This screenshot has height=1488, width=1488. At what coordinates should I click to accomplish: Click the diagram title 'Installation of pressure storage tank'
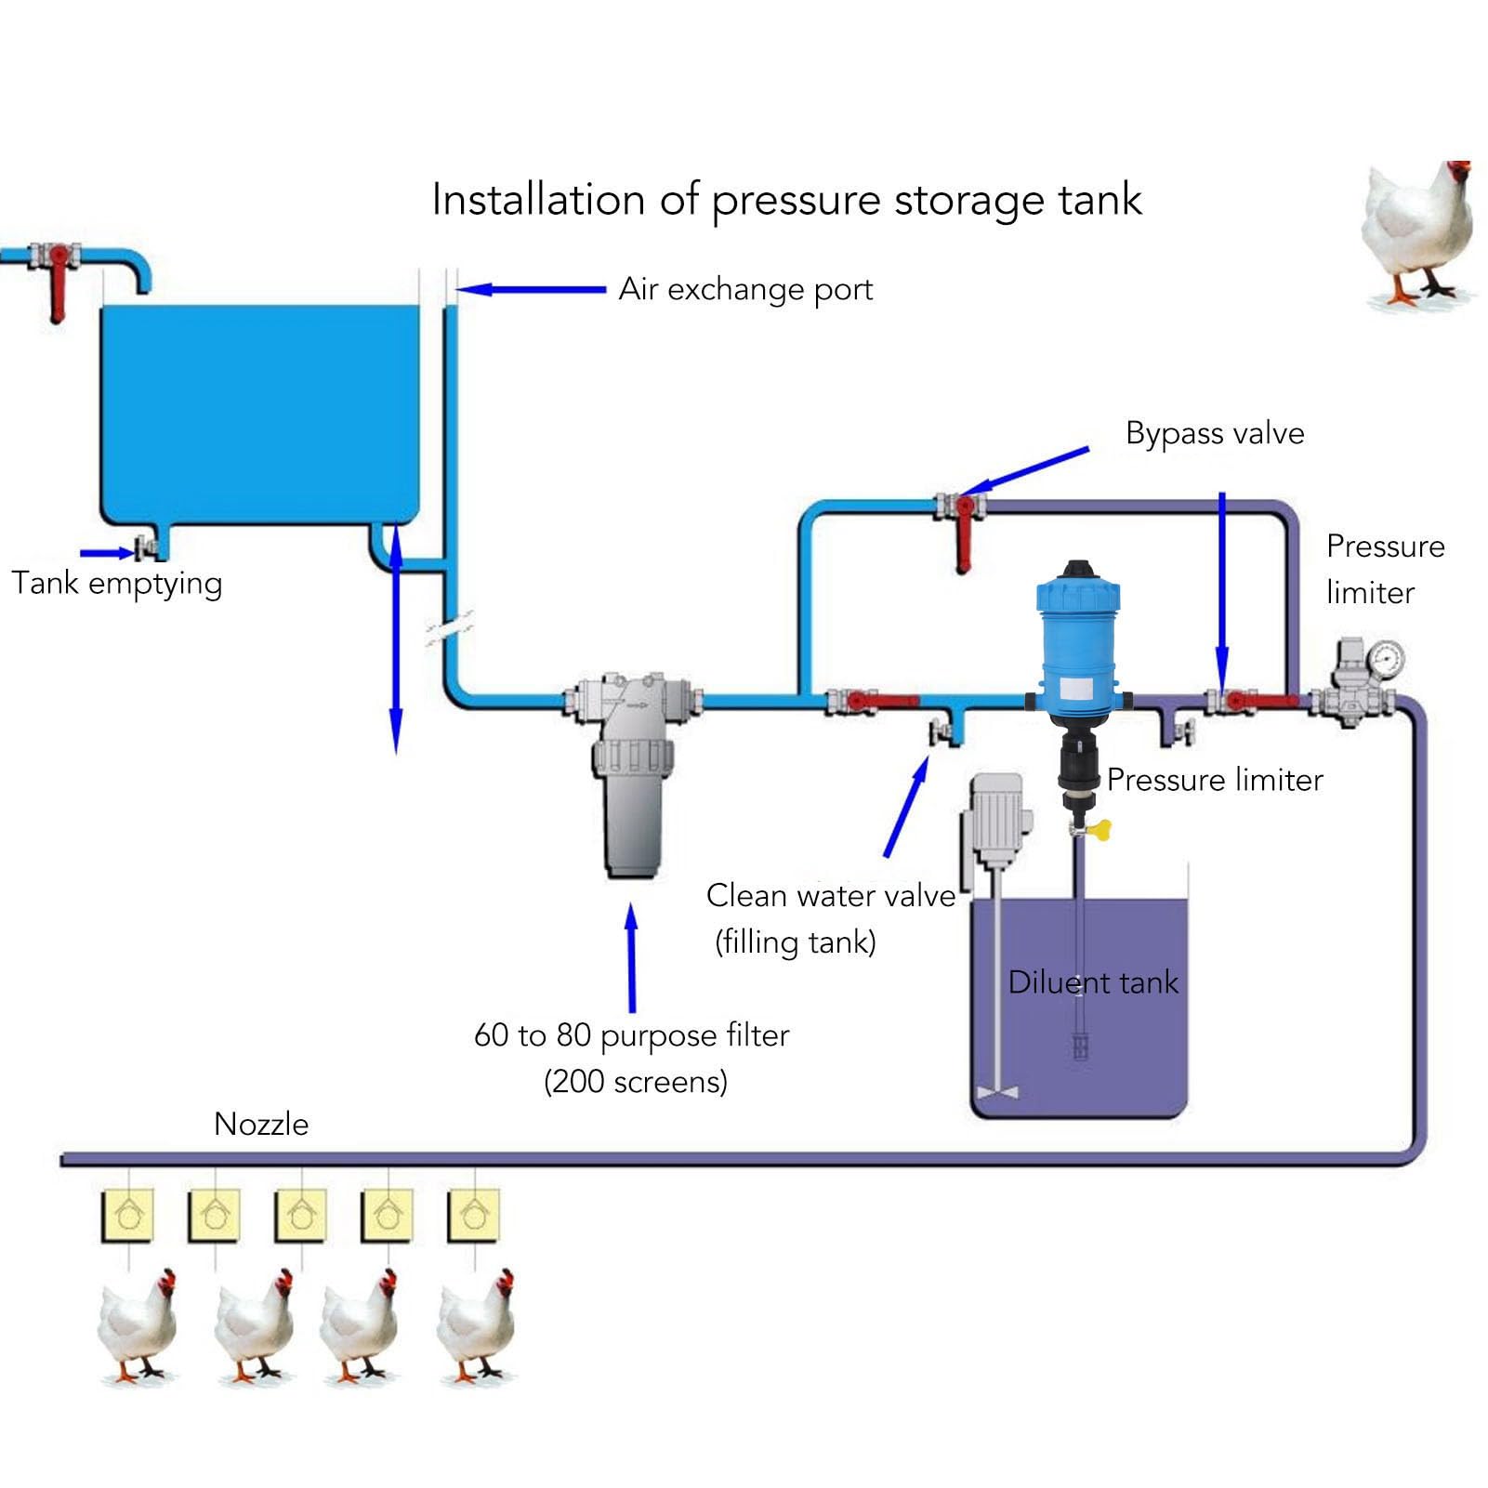click(786, 201)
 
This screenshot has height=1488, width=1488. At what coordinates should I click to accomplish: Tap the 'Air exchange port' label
click(745, 290)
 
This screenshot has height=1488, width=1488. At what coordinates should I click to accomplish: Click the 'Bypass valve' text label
click(1214, 433)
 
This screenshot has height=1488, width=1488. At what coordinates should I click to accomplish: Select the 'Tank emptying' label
click(117, 584)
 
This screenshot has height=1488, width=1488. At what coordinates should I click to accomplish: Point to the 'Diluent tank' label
click(1093, 982)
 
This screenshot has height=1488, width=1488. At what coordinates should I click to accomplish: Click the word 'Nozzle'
click(261, 1125)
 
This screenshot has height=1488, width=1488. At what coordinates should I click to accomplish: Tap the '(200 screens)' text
click(636, 1082)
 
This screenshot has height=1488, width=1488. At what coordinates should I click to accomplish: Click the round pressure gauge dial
click(1386, 658)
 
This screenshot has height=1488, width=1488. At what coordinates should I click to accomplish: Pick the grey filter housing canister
click(632, 818)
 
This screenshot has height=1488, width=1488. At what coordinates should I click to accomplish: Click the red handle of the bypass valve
click(963, 539)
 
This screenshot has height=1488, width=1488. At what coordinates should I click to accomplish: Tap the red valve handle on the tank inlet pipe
click(58, 283)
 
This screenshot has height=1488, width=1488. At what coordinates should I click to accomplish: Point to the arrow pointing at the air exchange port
click(530, 290)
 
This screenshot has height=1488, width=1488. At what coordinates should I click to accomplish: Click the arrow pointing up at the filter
click(632, 957)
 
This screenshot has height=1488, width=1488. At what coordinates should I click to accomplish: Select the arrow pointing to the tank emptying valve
click(107, 553)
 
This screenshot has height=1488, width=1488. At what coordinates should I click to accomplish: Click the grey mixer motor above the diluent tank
click(996, 818)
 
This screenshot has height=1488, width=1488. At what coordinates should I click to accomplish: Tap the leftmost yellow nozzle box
click(127, 1215)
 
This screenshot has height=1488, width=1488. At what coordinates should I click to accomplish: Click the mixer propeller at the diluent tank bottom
click(998, 1092)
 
